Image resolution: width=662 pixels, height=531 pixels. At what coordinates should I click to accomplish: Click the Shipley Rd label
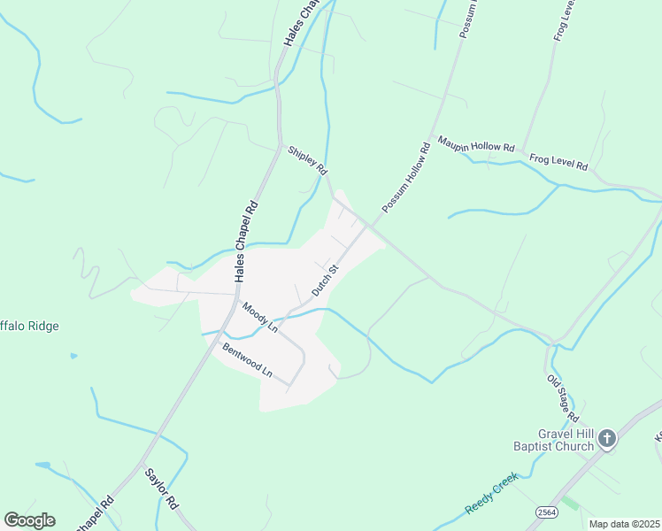point(308,159)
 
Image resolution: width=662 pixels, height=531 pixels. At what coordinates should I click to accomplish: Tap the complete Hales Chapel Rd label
point(247,242)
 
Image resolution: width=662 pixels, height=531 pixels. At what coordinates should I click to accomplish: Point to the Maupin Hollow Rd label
point(475,146)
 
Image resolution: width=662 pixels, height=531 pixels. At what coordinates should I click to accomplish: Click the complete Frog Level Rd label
point(558,162)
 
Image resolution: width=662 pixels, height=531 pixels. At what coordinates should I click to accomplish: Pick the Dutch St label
point(325,280)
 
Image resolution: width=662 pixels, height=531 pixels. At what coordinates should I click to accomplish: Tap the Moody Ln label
point(260,317)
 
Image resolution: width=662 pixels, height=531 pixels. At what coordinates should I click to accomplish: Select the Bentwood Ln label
point(247,360)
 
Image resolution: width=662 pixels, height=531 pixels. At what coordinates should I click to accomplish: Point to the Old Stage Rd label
point(563,398)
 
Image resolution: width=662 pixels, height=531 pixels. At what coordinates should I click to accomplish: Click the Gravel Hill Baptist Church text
point(553,440)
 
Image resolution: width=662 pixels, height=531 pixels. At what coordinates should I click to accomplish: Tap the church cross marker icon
point(607,438)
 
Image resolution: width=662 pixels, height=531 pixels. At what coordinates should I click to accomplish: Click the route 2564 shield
point(545,512)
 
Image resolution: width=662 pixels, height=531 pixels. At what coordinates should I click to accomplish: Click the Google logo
point(29,520)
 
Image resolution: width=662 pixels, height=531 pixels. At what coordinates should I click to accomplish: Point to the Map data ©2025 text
point(624,524)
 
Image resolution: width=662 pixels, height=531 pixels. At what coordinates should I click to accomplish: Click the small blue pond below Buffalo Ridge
point(73,356)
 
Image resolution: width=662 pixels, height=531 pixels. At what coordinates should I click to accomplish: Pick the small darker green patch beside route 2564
point(569,503)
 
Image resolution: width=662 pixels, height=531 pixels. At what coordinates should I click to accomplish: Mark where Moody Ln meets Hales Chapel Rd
point(235,295)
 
